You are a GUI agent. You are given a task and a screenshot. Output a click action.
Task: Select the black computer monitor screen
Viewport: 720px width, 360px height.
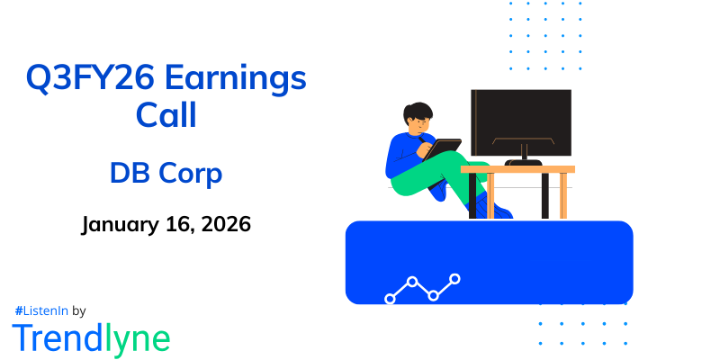coord(521,121)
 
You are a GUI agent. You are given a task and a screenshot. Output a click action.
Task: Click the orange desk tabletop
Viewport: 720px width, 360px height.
coord(517,168)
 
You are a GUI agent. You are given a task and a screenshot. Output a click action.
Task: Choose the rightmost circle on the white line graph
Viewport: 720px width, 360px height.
coord(454,279)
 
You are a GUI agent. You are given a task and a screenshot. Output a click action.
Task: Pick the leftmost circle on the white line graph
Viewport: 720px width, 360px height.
coord(390,298)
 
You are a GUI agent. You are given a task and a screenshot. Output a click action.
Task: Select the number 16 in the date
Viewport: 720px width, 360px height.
coord(169,224)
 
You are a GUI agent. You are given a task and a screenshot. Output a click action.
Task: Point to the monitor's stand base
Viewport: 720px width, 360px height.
coord(523,162)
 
